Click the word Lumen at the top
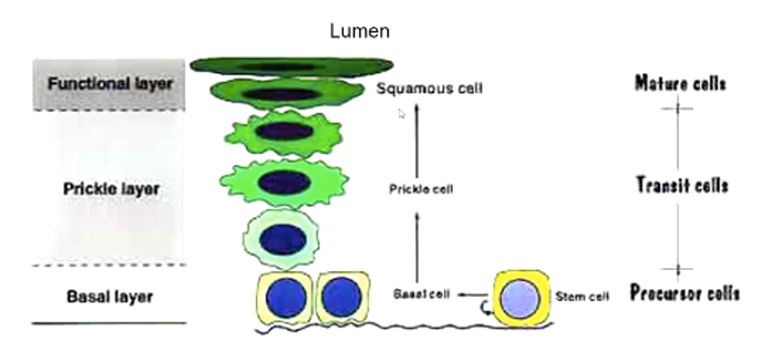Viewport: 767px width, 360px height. [x=359, y=32]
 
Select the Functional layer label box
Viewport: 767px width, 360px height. [x=111, y=84]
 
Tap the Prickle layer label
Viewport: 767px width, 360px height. [x=111, y=189]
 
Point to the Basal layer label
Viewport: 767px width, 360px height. [x=109, y=296]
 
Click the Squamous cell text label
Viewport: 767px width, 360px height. [x=429, y=87]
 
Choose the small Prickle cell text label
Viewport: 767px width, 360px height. [x=421, y=189]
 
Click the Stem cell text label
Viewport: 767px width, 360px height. [x=582, y=296]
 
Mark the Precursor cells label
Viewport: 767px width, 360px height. [x=685, y=293]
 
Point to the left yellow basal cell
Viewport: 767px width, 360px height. [x=284, y=297]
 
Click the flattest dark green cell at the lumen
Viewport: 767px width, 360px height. [x=292, y=65]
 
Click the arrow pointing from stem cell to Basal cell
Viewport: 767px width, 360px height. [x=470, y=294]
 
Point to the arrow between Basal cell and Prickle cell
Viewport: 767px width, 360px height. [x=417, y=245]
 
